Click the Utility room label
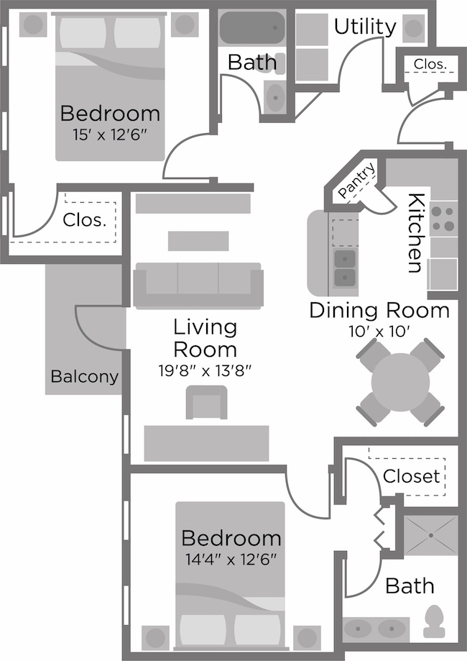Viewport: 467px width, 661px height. [365, 27]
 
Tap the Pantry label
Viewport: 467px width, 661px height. [357, 181]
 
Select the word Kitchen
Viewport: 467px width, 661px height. [416, 233]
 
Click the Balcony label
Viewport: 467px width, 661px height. [84, 376]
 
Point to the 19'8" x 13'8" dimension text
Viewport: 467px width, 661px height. [205, 371]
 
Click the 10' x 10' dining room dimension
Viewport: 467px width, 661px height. [379, 332]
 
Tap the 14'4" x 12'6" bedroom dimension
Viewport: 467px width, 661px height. [231, 560]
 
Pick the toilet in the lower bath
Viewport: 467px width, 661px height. [434, 621]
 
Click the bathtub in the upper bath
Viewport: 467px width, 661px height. [251, 28]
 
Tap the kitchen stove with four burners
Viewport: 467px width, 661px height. [443, 219]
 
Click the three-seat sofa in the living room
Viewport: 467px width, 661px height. [198, 286]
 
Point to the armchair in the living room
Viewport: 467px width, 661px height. [206, 403]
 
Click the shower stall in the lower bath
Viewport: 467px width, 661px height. [431, 535]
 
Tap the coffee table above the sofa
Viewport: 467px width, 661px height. [198, 241]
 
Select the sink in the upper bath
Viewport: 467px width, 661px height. [275, 97]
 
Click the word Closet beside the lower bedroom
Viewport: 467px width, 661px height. [412, 476]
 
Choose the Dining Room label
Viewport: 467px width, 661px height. [379, 311]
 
